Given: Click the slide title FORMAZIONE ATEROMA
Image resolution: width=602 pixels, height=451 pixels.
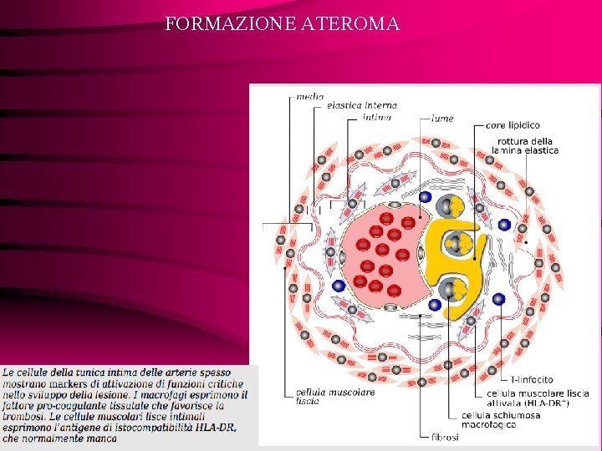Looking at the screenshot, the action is pos(283,23).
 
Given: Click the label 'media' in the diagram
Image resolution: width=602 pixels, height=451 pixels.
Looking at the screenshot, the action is pos(310,97).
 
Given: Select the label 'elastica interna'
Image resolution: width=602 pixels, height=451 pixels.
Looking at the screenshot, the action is pos(362,106).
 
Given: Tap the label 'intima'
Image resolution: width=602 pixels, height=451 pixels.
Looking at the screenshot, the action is pos(377,118).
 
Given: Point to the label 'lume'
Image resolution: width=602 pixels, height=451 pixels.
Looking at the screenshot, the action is pos(442,119).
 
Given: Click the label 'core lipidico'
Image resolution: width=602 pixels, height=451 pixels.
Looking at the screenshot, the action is pos(513,125).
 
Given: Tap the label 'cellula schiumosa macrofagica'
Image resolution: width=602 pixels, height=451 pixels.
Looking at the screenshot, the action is pos(500,419).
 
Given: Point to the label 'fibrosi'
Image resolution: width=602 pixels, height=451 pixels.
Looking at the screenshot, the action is pos(445,436).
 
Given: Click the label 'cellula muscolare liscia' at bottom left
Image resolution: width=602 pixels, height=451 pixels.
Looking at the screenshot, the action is pos(324,396).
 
